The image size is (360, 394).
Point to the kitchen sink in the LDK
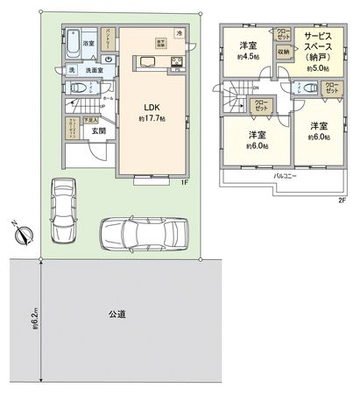145,62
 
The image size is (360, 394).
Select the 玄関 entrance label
88,132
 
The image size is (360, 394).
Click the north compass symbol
25,233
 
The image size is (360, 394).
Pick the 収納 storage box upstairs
283,52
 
